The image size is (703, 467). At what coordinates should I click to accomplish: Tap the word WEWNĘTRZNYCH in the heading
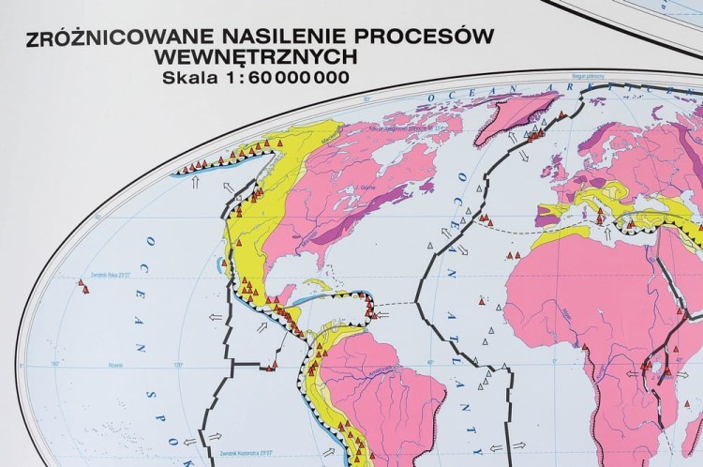[x=266, y=58]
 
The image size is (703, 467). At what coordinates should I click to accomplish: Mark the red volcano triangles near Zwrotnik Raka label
[x=85, y=290]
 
